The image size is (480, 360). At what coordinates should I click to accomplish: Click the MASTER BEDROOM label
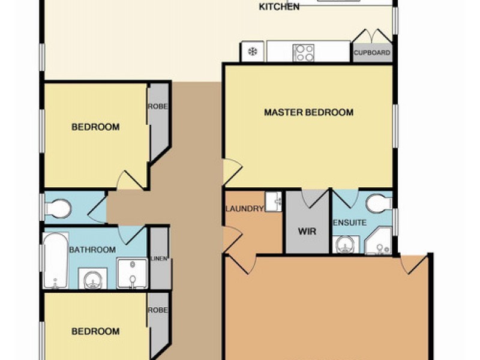pyautogui.click(x=308, y=112)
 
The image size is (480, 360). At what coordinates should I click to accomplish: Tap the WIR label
pyautogui.click(x=307, y=231)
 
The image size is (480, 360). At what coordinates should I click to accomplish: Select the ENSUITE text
pyautogui.click(x=349, y=223)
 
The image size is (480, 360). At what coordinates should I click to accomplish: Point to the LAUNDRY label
pyautogui.click(x=244, y=209)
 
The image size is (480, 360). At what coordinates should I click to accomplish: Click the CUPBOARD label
pyautogui.click(x=372, y=52)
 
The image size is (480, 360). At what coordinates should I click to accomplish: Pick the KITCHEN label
pyautogui.click(x=279, y=7)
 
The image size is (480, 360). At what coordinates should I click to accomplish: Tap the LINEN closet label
pyautogui.click(x=159, y=259)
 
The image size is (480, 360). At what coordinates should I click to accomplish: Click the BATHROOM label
pyautogui.click(x=92, y=250)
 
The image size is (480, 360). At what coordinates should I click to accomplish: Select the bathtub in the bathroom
pyautogui.click(x=55, y=260)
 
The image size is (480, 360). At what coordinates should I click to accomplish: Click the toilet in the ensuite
pyautogui.click(x=379, y=203)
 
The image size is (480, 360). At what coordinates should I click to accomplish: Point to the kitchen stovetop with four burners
pyautogui.click(x=303, y=53)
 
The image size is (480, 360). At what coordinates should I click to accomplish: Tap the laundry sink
pyautogui.click(x=273, y=202)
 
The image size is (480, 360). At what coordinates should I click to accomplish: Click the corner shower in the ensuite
pyautogui.click(x=379, y=241)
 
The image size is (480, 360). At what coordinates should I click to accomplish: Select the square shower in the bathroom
pyautogui.click(x=132, y=274)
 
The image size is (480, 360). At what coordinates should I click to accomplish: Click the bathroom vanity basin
pyautogui.click(x=93, y=278)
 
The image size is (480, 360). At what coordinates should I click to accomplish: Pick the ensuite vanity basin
pyautogui.click(x=346, y=245)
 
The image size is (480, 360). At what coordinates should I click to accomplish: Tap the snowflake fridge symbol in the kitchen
pyautogui.click(x=253, y=52)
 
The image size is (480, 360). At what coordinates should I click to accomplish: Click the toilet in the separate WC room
pyautogui.click(x=58, y=209)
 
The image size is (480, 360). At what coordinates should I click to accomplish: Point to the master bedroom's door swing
pyautogui.click(x=232, y=172)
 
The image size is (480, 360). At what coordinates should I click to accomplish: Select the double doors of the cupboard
pyautogui.click(x=372, y=36)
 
